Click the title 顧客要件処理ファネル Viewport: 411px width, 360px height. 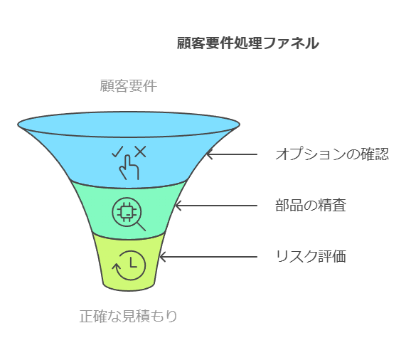click(x=247, y=43)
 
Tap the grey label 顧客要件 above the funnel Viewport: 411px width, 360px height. click(x=129, y=86)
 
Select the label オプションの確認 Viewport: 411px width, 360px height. click(x=332, y=154)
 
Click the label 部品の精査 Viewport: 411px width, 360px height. click(x=311, y=206)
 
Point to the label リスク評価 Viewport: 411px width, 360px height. click(x=311, y=256)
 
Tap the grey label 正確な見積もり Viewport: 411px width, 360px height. click(x=129, y=316)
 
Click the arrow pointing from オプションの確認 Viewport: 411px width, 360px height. click(x=232, y=154)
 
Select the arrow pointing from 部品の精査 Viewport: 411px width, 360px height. click(x=216, y=206)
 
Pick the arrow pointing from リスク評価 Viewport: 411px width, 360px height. click(x=208, y=257)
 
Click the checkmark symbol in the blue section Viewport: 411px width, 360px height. click(x=117, y=152)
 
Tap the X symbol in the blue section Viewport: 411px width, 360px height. click(x=141, y=152)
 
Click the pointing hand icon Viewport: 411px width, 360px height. click(x=129, y=167)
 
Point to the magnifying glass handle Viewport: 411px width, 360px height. click(x=141, y=226)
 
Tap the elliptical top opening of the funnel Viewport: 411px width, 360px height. click(x=129, y=112)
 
